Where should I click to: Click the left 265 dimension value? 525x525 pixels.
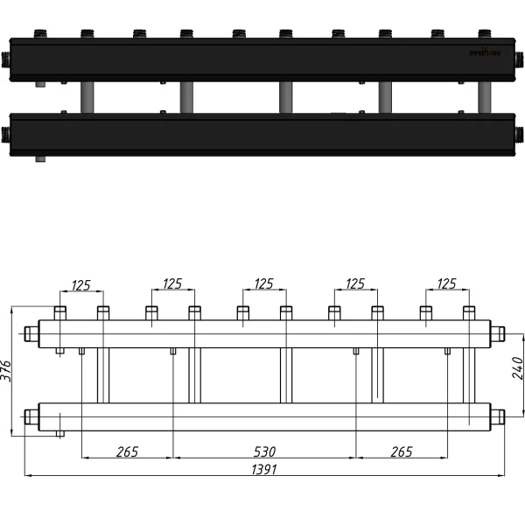click(127, 451)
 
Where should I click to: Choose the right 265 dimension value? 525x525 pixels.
click(402, 451)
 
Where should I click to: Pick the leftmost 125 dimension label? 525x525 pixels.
click(81, 283)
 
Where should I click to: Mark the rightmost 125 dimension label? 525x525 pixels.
click(446, 283)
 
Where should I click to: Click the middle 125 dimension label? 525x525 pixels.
click(263, 283)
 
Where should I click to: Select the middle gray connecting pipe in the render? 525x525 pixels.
click(284, 97)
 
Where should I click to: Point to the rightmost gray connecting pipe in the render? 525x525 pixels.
click(484, 97)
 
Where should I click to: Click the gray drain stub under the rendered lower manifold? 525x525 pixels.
click(40, 160)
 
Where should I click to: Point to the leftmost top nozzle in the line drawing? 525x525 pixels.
click(60, 312)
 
